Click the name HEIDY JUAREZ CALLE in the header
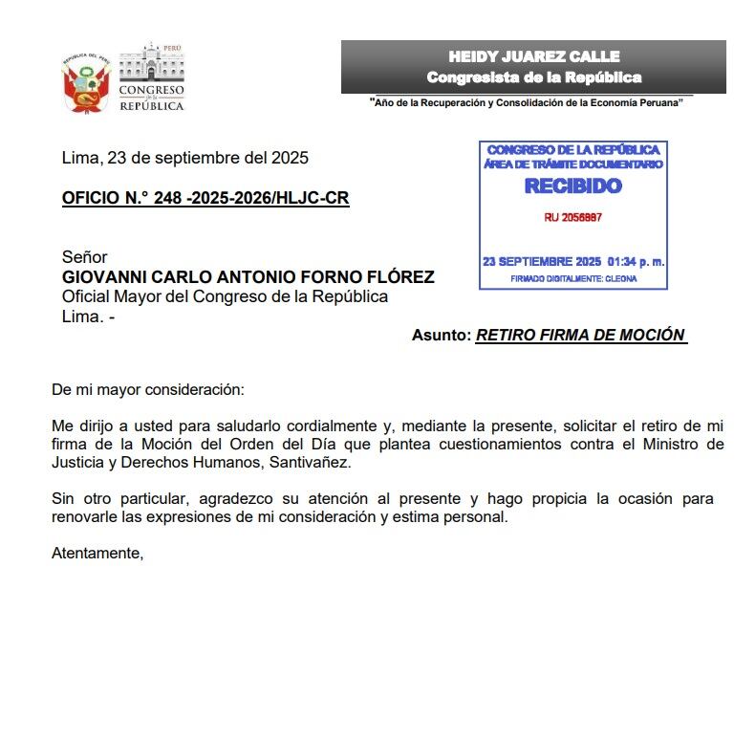coord(533,56)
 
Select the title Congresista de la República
coord(533,77)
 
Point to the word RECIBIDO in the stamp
coord(572,185)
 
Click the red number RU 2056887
coord(572,218)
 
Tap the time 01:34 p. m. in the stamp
coord(636,261)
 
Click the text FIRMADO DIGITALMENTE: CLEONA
coord(572,279)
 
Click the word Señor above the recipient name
coord(84,257)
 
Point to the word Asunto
coord(442,336)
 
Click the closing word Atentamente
coord(97,554)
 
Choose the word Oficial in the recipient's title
coord(87,296)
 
